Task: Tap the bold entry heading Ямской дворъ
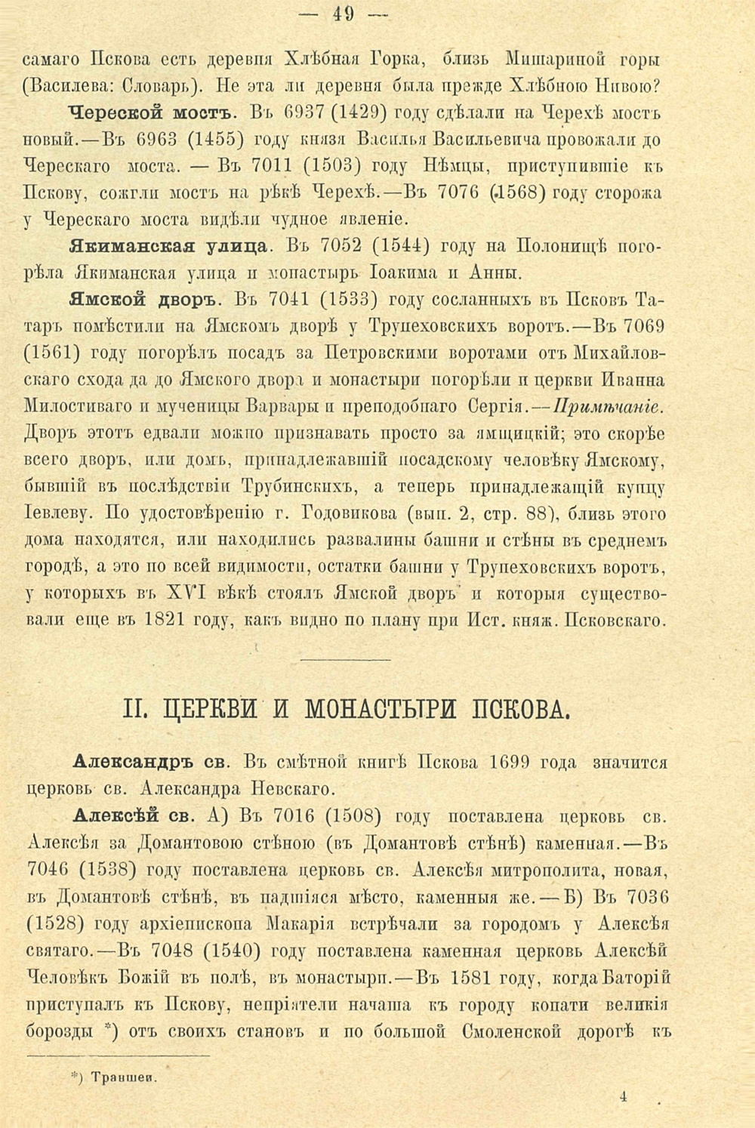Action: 144,299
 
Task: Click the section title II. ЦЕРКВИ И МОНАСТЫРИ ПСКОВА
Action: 347,710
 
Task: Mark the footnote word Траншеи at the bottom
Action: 122,1077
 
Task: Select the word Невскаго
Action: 289,790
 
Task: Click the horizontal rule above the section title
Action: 347,661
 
